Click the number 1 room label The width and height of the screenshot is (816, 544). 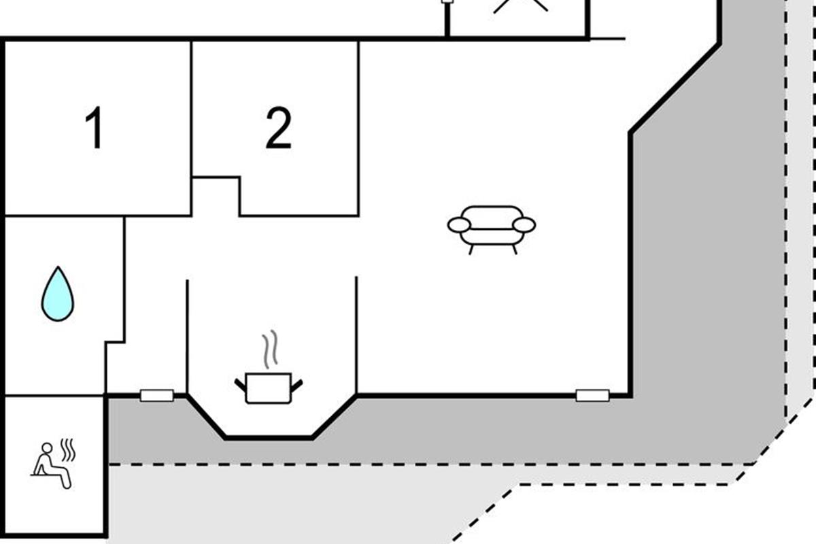click(93, 129)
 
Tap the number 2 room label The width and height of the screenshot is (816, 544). click(278, 129)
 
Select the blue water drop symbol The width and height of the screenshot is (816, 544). click(58, 294)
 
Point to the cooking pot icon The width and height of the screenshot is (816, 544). click(269, 388)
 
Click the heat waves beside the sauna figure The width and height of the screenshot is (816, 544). click(67, 449)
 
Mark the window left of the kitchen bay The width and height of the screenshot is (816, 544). click(157, 395)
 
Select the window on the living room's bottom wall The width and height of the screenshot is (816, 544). click(592, 395)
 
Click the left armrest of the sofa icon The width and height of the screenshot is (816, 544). click(460, 225)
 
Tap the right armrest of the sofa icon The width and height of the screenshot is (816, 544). click(524, 225)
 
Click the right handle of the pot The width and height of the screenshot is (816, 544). click(296, 384)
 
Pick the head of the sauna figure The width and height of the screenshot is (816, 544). click(47, 448)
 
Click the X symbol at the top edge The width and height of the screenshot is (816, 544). click(520, 5)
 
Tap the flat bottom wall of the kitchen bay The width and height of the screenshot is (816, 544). click(269, 438)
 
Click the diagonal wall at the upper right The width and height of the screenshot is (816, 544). click(675, 87)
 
